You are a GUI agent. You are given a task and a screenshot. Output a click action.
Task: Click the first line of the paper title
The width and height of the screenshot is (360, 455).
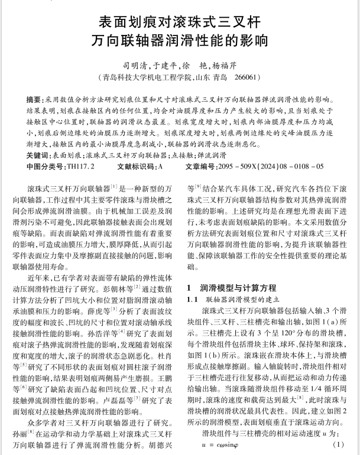tap(180, 23)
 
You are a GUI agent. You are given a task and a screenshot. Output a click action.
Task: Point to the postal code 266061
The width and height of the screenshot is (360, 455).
tap(245, 77)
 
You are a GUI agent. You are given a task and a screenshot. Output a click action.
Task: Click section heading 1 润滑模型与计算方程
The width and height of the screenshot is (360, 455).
tap(231, 288)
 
